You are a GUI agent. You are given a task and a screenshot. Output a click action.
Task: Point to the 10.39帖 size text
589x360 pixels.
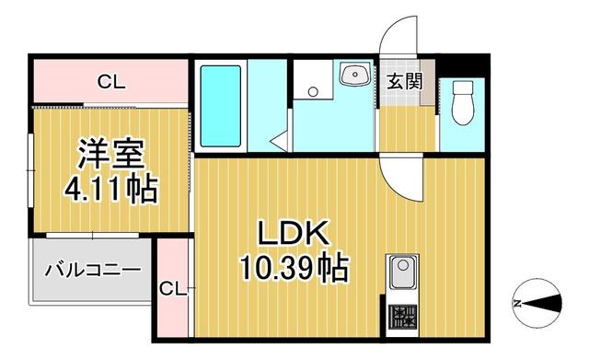[x=294, y=268]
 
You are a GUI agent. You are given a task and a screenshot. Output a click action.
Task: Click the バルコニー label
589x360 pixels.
[x=92, y=271]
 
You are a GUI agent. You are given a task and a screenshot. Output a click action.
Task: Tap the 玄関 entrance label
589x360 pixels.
[x=404, y=81]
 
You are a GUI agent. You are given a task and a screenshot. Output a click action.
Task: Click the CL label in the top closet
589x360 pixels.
[x=111, y=83]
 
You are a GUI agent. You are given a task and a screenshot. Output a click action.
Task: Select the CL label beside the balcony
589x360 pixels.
[x=171, y=289]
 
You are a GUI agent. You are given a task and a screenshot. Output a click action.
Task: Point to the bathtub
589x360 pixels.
[x=219, y=106]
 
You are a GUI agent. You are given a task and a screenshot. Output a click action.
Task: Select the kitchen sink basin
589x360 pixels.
[x=403, y=273]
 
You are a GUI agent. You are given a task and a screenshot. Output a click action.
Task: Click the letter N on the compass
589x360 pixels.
[x=518, y=304]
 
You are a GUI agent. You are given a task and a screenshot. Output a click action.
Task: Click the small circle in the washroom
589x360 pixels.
[x=313, y=91]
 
